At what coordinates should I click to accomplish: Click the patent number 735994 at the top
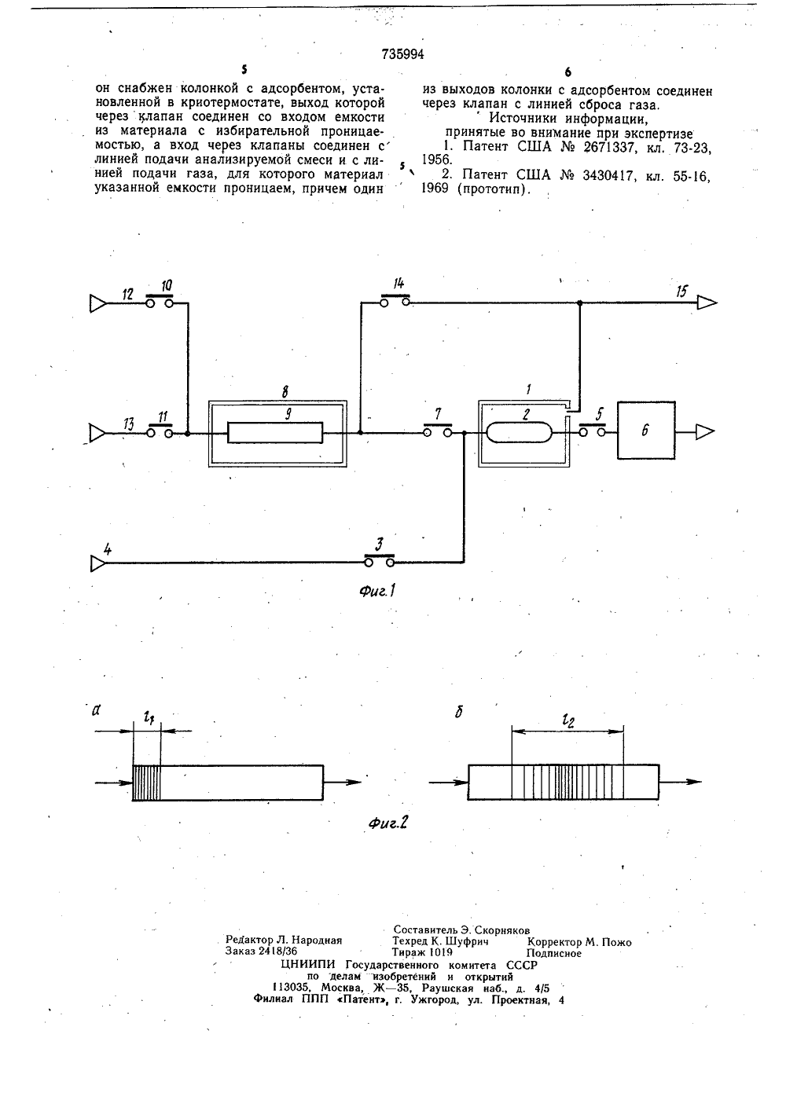(403, 54)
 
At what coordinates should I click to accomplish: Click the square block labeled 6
(646, 431)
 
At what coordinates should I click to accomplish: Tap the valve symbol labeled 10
(160, 302)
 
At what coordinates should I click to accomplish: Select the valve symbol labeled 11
(160, 431)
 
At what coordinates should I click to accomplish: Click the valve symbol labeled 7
(437, 431)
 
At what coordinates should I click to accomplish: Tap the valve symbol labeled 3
(380, 560)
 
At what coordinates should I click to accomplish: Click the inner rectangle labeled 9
(275, 432)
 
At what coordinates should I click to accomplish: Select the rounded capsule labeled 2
(519, 431)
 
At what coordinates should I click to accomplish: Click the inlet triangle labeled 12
(98, 303)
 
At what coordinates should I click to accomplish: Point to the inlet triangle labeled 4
(98, 563)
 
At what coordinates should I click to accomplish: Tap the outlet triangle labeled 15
(707, 302)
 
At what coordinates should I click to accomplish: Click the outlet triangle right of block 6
(705, 432)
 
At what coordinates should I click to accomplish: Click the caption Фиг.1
(377, 591)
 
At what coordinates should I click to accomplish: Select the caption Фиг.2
(388, 823)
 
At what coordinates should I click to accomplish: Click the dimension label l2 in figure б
(567, 721)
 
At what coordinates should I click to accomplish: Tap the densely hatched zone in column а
(146, 783)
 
